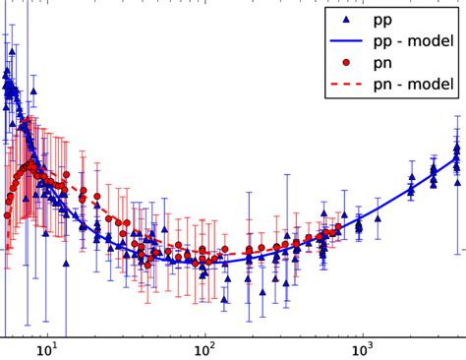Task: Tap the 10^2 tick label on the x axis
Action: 204,349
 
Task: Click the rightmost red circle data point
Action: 338,228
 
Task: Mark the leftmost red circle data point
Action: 7,214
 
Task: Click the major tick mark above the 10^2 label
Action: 204,333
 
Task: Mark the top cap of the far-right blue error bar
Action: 456,115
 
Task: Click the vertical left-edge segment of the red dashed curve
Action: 7,231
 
